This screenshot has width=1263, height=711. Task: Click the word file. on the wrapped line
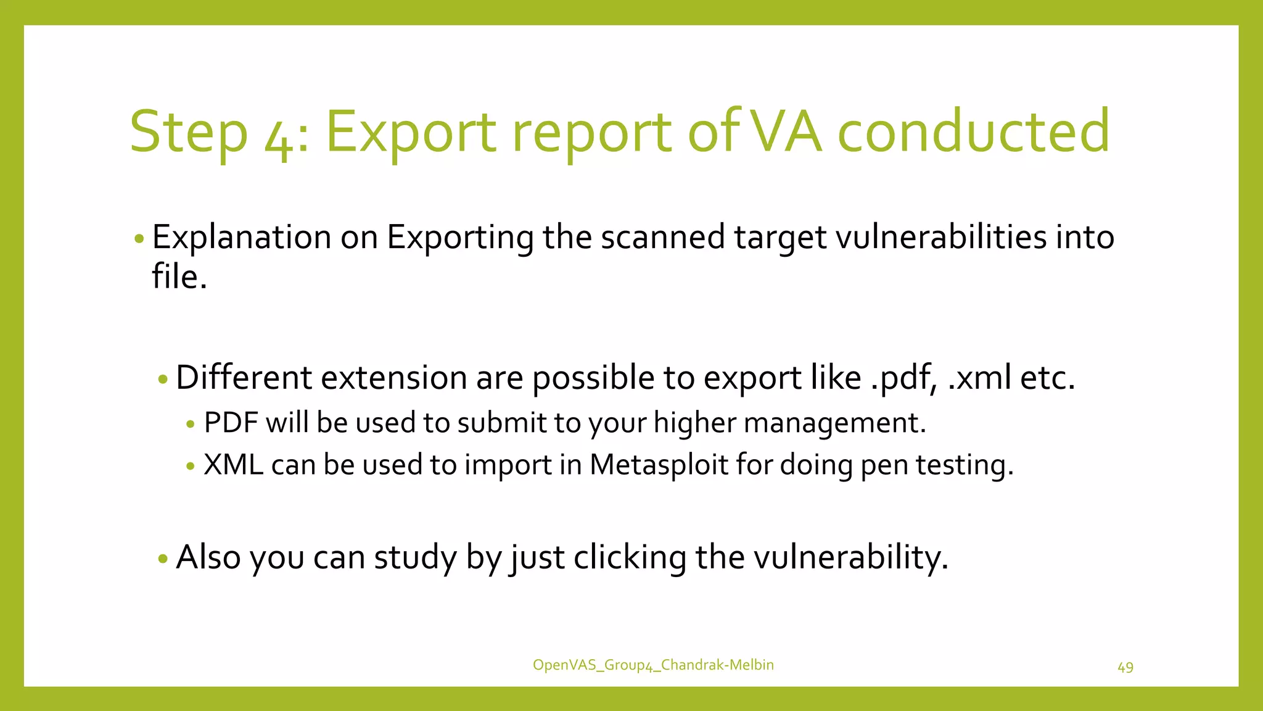point(179,276)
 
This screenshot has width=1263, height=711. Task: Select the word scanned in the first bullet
point(663,237)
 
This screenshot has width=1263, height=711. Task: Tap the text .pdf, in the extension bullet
point(903,378)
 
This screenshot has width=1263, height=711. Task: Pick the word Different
point(244,378)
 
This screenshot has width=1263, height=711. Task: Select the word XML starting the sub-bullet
point(233,465)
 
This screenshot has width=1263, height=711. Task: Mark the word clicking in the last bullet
point(630,557)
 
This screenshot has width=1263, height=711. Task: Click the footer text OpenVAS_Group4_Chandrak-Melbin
point(653,665)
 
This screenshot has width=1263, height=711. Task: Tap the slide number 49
point(1125,667)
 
